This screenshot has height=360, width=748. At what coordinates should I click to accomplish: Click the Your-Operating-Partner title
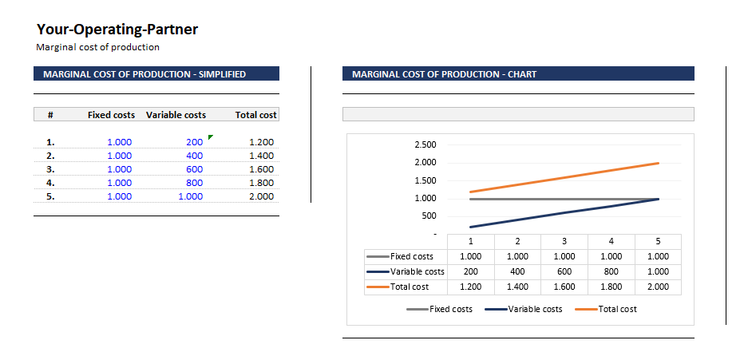coord(117,30)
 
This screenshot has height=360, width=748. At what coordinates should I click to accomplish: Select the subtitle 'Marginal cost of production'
coord(97,47)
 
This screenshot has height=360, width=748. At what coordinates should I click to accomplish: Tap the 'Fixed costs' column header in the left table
coord(111,115)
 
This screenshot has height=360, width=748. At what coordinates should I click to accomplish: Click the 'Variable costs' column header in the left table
coord(176,115)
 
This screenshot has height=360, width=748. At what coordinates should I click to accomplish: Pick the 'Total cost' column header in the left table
coord(255,115)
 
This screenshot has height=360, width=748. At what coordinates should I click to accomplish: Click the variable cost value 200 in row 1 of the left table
coord(194,142)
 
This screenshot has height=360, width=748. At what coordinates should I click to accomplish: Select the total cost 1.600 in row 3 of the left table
coord(261,169)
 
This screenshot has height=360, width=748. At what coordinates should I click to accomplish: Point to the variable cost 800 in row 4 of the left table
coord(194,183)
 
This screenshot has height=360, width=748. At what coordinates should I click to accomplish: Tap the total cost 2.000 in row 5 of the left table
coord(261,196)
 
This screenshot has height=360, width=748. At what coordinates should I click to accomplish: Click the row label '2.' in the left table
coord(50,156)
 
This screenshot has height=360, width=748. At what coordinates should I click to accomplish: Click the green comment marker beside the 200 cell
coord(211,137)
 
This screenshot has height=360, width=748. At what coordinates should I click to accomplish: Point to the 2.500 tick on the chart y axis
coord(425,144)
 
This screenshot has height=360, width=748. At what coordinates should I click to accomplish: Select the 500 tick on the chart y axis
coord(429,216)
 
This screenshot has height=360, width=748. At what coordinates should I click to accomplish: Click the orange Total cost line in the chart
coord(564,177)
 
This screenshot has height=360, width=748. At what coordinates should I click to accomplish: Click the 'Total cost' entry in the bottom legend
coord(617,309)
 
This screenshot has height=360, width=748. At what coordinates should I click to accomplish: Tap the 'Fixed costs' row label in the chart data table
coord(411,256)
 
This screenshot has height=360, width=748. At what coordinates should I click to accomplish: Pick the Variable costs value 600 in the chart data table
coord(564,271)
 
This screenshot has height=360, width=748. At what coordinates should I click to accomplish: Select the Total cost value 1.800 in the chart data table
coord(611,287)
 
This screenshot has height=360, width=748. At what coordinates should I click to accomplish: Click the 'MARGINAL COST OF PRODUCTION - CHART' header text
coord(444,74)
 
